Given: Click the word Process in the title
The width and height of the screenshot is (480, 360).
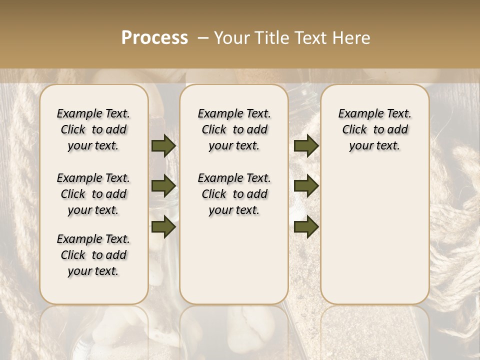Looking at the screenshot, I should tap(154, 38).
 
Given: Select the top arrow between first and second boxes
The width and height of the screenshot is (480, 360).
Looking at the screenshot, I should tap(163, 145).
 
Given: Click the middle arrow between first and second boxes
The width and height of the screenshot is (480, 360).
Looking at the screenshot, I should tap(163, 186).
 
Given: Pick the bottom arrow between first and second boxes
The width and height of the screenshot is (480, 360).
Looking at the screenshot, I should tap(163, 226).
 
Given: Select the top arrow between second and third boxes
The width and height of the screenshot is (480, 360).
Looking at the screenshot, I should tap(306, 145).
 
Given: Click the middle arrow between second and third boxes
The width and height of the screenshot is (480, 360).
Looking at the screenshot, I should tap(306, 186).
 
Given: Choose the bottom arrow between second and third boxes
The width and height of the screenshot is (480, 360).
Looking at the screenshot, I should tap(306, 226).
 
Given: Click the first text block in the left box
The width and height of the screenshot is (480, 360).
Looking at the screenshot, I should tap(93, 129).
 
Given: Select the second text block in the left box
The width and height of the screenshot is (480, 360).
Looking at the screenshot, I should tap(93, 194).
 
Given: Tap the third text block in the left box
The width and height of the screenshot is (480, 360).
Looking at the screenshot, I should tap(93, 255).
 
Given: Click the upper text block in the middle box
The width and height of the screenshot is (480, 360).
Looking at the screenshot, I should tap(234, 129).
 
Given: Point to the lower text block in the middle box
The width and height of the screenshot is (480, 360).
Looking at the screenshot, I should tap(234, 194).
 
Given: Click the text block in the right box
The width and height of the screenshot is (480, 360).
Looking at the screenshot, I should tap(374, 129).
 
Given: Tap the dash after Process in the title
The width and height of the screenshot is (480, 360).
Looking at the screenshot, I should tap(202, 38).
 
